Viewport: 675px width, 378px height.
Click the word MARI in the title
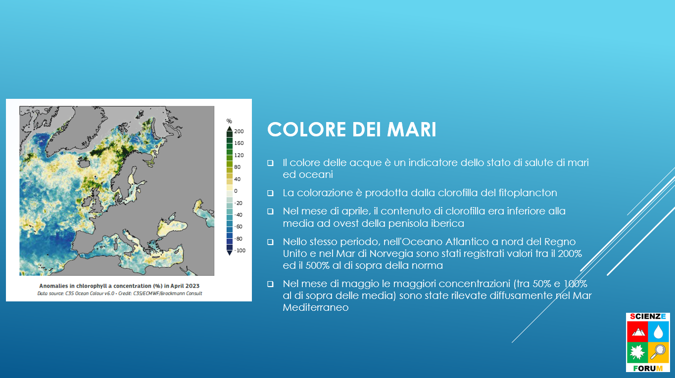click(412, 130)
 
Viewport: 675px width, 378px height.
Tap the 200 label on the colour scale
click(239, 131)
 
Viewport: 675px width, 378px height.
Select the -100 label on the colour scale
click(240, 251)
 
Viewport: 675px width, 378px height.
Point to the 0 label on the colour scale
click(236, 191)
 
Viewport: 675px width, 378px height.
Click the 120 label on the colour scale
click(239, 155)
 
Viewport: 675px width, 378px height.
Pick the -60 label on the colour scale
click(239, 227)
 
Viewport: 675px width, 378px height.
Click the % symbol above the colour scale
click(229, 121)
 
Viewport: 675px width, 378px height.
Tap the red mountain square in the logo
click(637, 332)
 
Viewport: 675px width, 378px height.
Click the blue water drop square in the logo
click(658, 332)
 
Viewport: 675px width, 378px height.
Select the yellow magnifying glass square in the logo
click(658, 352)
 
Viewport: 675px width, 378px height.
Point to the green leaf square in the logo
click(637, 352)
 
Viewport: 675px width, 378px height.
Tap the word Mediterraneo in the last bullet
click(316, 307)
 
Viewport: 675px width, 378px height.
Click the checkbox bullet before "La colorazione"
click(270, 193)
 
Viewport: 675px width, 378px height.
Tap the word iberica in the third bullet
click(447, 223)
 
